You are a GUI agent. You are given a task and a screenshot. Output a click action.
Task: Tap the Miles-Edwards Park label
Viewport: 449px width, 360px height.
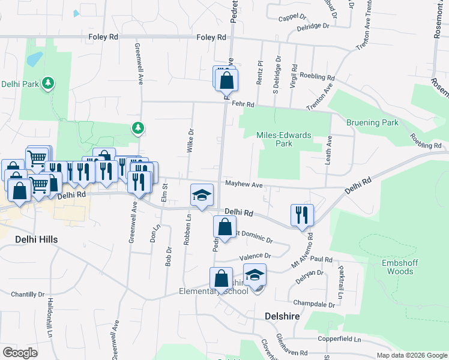(283, 139)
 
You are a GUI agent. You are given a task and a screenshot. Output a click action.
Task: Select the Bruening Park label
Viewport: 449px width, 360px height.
(372, 122)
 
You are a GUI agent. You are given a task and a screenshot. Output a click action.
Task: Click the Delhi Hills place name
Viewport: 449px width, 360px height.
(36, 239)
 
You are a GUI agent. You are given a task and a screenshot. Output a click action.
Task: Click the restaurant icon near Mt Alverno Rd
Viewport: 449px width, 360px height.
(301, 215)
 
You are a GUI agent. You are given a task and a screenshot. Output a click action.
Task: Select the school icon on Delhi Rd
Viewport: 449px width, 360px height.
(202, 194)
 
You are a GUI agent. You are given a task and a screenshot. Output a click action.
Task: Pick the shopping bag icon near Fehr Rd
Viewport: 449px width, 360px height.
(227, 80)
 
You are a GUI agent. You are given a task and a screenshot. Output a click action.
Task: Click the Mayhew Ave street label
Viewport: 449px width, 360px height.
(244, 184)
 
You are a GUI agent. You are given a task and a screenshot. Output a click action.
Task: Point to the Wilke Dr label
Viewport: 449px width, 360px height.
(190, 141)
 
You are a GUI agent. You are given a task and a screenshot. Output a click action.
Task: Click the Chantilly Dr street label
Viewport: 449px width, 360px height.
(28, 295)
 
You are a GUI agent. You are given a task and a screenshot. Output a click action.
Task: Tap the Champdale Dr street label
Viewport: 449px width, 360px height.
(315, 304)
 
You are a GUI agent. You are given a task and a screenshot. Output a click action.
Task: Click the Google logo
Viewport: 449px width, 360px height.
(20, 352)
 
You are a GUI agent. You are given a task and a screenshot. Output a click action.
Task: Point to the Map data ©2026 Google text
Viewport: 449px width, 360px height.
(411, 355)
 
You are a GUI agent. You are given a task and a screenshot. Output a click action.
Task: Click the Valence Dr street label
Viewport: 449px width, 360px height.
(255, 257)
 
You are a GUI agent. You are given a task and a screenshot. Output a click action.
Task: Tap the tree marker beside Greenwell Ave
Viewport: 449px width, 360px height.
(138, 127)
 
